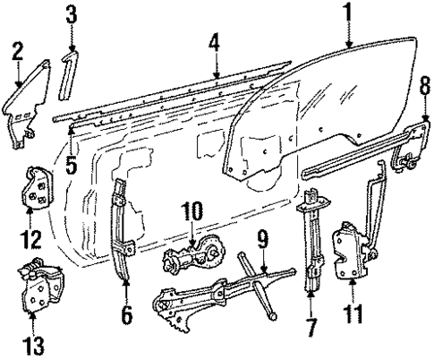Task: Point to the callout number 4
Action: (x=215, y=41)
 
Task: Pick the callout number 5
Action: (x=72, y=141)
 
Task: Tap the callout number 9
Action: (x=263, y=239)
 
